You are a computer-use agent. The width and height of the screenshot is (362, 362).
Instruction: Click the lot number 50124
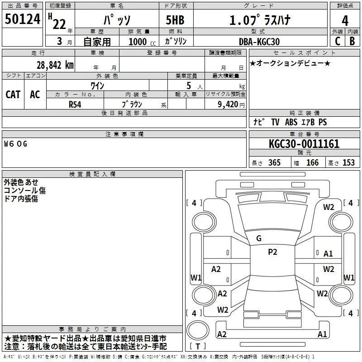[x=22, y=19]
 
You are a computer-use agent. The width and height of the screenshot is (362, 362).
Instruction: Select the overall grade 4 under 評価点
[x=345, y=21]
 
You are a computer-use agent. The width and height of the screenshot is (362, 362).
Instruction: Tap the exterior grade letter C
[x=338, y=41]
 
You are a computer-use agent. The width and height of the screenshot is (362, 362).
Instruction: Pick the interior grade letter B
[x=352, y=41]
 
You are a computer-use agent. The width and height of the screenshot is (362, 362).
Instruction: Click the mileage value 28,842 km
[x=55, y=65]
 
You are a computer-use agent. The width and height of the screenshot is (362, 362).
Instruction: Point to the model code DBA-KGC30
[x=259, y=42]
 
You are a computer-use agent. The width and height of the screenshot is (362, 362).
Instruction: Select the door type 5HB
[x=175, y=20]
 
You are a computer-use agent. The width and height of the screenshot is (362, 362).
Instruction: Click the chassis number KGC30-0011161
[x=304, y=144]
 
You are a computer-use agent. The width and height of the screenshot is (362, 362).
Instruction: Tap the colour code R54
[x=75, y=105]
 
